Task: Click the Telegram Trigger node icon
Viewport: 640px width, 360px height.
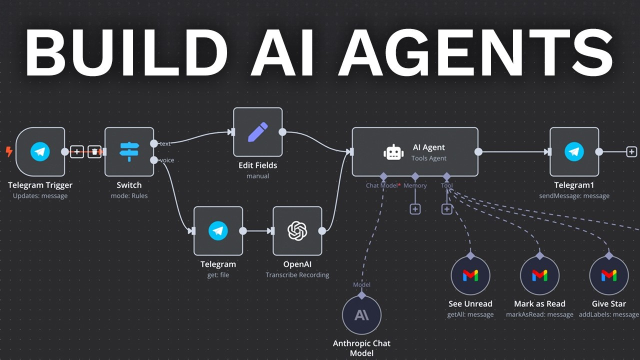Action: coord(40,151)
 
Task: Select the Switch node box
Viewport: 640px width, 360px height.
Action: coord(129,151)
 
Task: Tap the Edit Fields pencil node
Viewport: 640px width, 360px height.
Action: coord(257,132)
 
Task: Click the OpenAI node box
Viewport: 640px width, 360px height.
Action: coord(297,230)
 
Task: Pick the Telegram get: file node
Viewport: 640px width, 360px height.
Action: coord(218,230)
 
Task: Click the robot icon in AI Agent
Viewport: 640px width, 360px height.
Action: coord(393,152)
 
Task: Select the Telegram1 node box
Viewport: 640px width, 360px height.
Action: coord(574,151)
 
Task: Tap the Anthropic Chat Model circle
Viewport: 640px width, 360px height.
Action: coord(361,315)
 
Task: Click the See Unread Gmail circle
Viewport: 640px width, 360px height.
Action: coord(470,275)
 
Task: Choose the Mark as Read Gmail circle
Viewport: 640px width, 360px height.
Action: coord(539,275)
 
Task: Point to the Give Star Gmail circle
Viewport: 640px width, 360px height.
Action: coord(608,275)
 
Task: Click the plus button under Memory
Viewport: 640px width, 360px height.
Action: coord(415,208)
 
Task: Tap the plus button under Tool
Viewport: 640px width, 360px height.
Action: coord(447,208)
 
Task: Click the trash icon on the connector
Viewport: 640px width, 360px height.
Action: coord(94,151)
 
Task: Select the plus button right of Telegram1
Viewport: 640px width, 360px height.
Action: coord(631,151)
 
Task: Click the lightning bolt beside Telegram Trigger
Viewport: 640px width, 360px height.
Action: coord(8,151)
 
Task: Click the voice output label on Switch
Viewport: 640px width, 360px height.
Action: coord(166,160)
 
